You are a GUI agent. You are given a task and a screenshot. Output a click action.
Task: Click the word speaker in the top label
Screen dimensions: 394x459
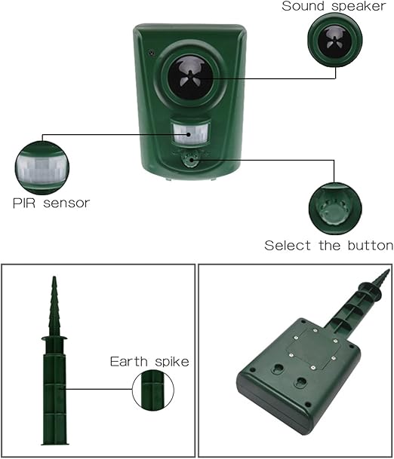pos(359,7)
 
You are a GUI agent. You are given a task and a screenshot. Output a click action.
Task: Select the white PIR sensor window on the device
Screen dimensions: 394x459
pos(190,134)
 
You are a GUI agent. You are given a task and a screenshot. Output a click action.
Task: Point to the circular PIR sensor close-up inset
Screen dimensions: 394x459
pos(42,168)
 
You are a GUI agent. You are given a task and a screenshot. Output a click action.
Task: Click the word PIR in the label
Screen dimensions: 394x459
pos(24,203)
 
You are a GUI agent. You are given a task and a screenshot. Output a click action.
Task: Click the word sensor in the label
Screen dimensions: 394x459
pos(66,203)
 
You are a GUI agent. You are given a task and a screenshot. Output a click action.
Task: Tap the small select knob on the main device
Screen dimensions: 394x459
pos(190,160)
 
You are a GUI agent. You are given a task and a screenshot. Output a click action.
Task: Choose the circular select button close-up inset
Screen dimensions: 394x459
pos(335,209)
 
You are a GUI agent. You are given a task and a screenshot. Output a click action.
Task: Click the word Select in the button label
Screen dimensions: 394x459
pos(288,245)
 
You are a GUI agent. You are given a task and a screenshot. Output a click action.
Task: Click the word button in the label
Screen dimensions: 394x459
pos(371,245)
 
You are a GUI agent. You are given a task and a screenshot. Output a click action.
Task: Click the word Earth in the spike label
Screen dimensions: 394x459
pos(129,362)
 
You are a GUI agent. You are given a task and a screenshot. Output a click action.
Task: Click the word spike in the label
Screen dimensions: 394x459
pos(172,362)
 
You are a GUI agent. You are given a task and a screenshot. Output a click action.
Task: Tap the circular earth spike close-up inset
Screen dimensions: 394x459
pos(153,390)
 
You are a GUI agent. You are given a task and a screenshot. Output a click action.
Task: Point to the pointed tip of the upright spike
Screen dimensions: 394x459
pos(54,277)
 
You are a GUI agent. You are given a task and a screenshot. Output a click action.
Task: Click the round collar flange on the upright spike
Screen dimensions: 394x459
pos(54,338)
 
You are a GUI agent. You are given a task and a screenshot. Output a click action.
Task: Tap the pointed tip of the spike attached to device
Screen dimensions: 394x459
pos(389,270)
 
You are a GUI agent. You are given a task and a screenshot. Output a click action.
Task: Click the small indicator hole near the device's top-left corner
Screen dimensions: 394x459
pos(151,53)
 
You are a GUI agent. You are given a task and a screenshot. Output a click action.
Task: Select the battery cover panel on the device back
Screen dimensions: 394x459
pos(312,348)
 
